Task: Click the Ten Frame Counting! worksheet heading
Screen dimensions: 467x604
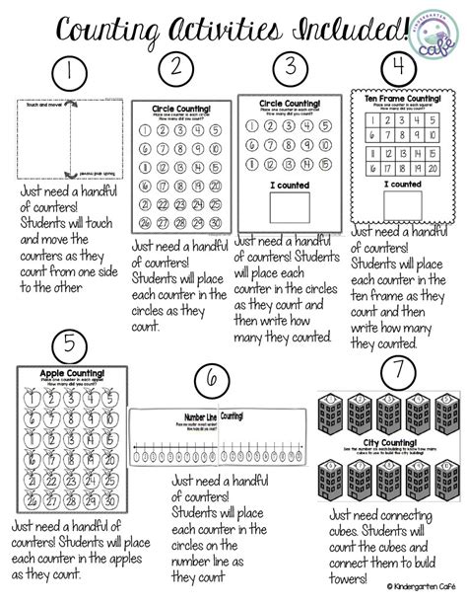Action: pyautogui.click(x=403, y=99)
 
